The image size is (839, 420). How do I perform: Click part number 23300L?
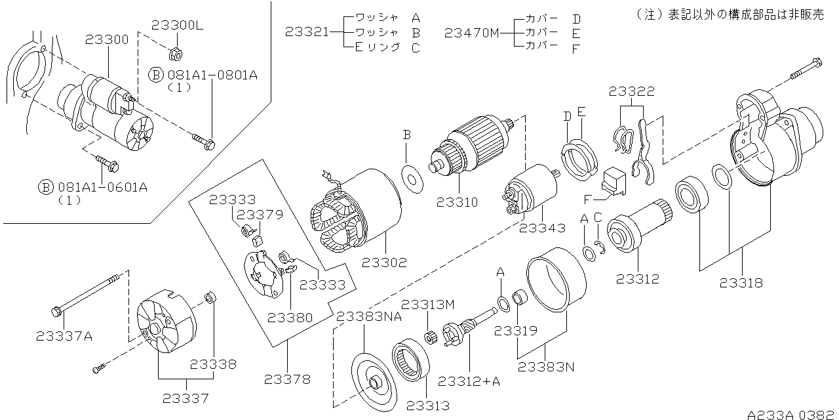point(178,26)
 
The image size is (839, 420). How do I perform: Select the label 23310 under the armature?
point(456,203)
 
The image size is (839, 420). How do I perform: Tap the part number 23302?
point(384,262)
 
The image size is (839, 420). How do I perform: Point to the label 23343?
point(541,228)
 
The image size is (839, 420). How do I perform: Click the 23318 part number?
point(741,283)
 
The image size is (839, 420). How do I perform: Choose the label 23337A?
point(64,337)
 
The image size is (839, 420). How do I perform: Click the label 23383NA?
point(368,317)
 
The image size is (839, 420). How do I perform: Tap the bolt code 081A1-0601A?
point(102,187)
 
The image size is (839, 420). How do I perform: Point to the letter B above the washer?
point(406,135)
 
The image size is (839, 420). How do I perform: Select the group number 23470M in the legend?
point(471,31)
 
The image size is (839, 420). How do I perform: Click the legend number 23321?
point(307,31)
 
